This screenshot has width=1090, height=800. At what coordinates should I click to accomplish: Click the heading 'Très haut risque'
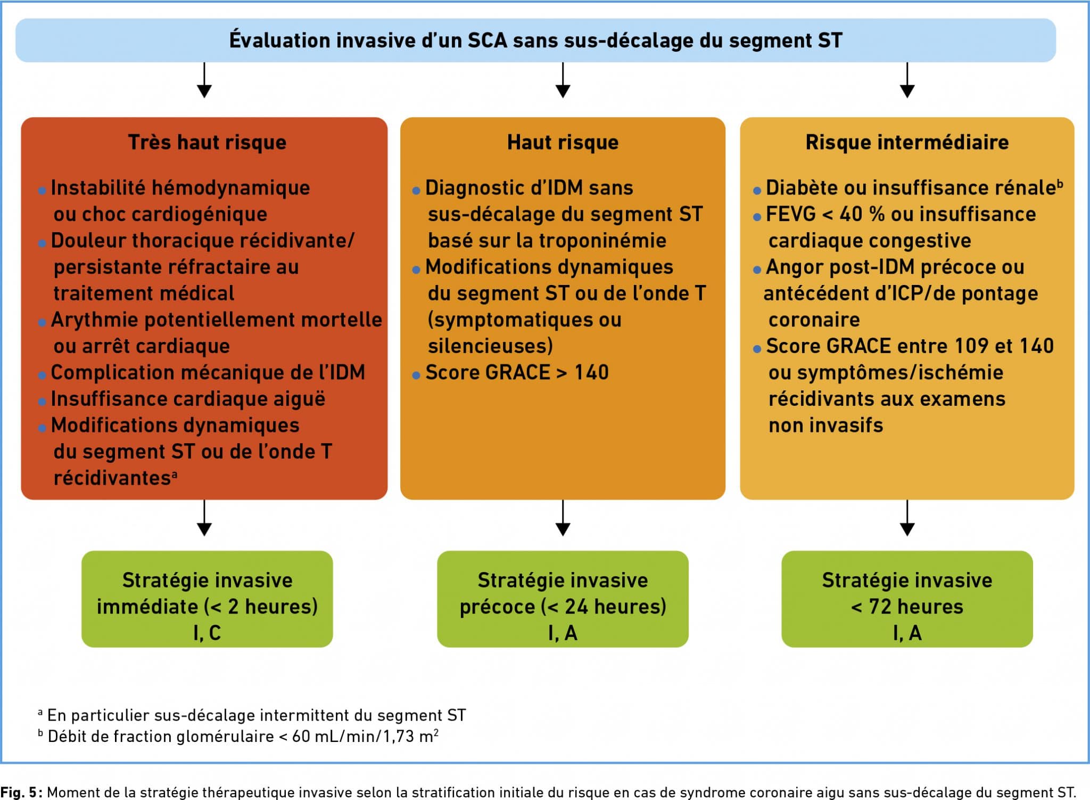[207, 143]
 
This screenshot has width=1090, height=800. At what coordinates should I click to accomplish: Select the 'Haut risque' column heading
[563, 143]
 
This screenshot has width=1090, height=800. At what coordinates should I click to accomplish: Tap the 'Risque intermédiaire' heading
[907, 143]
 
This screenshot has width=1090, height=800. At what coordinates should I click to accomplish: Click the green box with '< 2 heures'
[207, 599]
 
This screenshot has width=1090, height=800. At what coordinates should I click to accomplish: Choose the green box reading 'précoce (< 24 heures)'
[563, 599]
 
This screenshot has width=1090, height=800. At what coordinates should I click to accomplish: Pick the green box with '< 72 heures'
[907, 599]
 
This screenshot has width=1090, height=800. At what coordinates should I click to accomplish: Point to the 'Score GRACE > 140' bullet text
[517, 373]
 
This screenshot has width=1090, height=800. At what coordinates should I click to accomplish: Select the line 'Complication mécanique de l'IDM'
[208, 373]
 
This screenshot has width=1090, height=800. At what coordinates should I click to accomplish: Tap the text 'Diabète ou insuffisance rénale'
[910, 188]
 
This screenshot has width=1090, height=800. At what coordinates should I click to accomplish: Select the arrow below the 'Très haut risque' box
[204, 518]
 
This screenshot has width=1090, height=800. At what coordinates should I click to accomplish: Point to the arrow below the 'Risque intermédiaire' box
[907, 518]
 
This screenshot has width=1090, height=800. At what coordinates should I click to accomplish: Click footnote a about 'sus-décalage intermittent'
[256, 715]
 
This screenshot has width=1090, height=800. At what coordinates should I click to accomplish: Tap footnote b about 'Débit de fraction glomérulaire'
[242, 737]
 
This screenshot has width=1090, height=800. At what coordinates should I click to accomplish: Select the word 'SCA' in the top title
[488, 41]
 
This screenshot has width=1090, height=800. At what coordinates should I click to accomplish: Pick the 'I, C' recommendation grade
[207, 633]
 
